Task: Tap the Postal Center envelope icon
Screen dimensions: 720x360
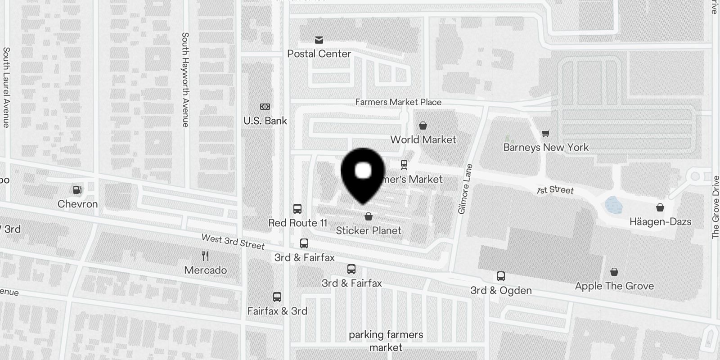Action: point(319,40)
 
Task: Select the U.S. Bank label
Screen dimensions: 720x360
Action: point(265,121)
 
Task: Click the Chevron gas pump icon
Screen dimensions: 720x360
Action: point(77,190)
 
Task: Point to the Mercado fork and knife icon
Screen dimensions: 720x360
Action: point(205,256)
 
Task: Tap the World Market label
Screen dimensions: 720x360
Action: point(423,139)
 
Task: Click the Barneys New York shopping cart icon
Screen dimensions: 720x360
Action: point(545,133)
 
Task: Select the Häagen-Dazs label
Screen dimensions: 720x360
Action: point(660,221)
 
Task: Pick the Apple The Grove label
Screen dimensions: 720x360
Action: point(614,286)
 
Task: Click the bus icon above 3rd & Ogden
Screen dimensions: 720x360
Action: point(500,276)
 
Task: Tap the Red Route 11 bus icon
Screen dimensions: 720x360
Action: point(297,209)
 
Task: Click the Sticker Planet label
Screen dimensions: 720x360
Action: point(369,230)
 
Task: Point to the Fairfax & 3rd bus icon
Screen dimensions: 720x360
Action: point(277,297)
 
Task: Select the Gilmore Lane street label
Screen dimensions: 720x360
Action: point(465,189)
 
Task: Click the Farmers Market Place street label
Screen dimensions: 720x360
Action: point(398,102)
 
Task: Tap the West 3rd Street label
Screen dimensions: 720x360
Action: point(233,241)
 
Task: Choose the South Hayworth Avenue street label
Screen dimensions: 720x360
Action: point(185,79)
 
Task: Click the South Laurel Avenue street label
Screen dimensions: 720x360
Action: point(6,87)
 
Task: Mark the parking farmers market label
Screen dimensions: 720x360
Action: point(386,341)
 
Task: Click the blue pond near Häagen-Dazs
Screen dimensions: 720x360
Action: point(614,205)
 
